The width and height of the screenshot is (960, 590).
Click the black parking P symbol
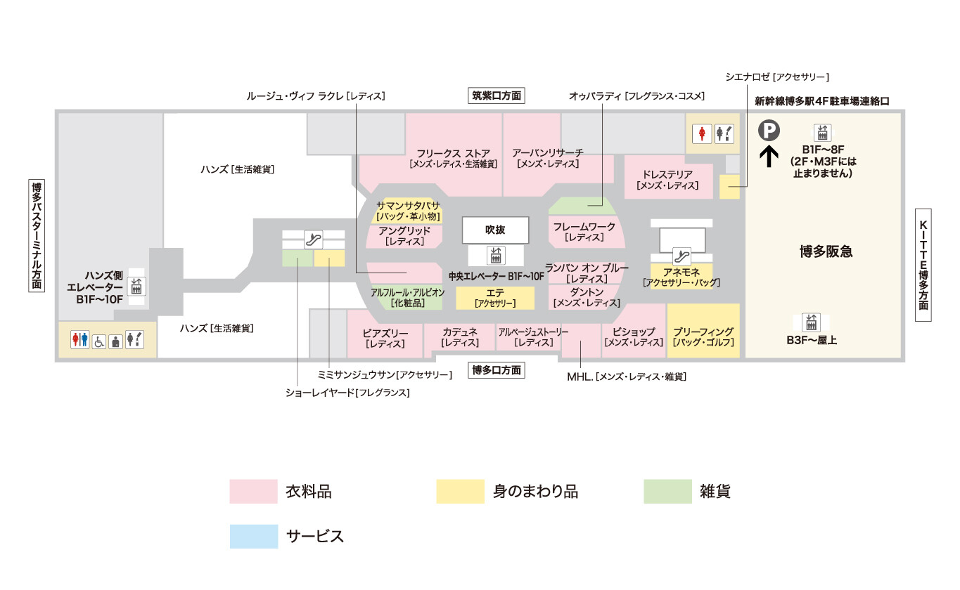pyautogui.click(x=769, y=130)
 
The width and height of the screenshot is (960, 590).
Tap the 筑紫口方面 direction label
pyautogui.click(x=497, y=96)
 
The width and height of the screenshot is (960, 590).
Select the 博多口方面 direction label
pyautogui.click(x=497, y=370)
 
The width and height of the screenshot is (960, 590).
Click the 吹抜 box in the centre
pyautogui.click(x=496, y=229)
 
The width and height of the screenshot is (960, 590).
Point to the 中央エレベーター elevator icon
pyautogui.click(x=497, y=254)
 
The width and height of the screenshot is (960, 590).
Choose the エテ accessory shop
pyautogui.click(x=495, y=298)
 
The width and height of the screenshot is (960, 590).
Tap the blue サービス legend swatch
pyautogui.click(x=254, y=536)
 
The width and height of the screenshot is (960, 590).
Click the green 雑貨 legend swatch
pyautogui.click(x=667, y=492)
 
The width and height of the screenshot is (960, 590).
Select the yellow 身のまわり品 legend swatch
pyautogui.click(x=460, y=492)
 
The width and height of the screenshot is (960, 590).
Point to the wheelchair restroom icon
pyautogui.click(x=99, y=341)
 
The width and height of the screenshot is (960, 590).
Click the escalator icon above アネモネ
pyautogui.click(x=681, y=254)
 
